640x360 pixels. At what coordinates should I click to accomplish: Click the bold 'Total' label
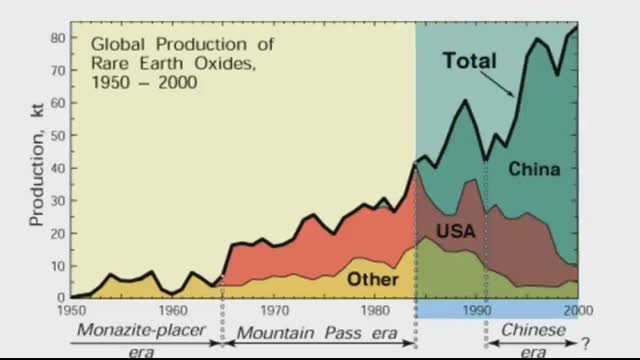coord(469,61)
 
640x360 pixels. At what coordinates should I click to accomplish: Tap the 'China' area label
coord(534,169)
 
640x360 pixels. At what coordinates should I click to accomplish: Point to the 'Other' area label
coord(372,278)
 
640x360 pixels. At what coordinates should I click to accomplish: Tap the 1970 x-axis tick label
coord(274,310)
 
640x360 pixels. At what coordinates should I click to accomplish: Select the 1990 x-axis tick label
coord(477,310)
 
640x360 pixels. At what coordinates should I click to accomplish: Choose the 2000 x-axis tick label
coord(578,310)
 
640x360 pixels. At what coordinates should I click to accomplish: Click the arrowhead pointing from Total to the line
coord(514,95)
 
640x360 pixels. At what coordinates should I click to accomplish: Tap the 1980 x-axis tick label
coord(375,310)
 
